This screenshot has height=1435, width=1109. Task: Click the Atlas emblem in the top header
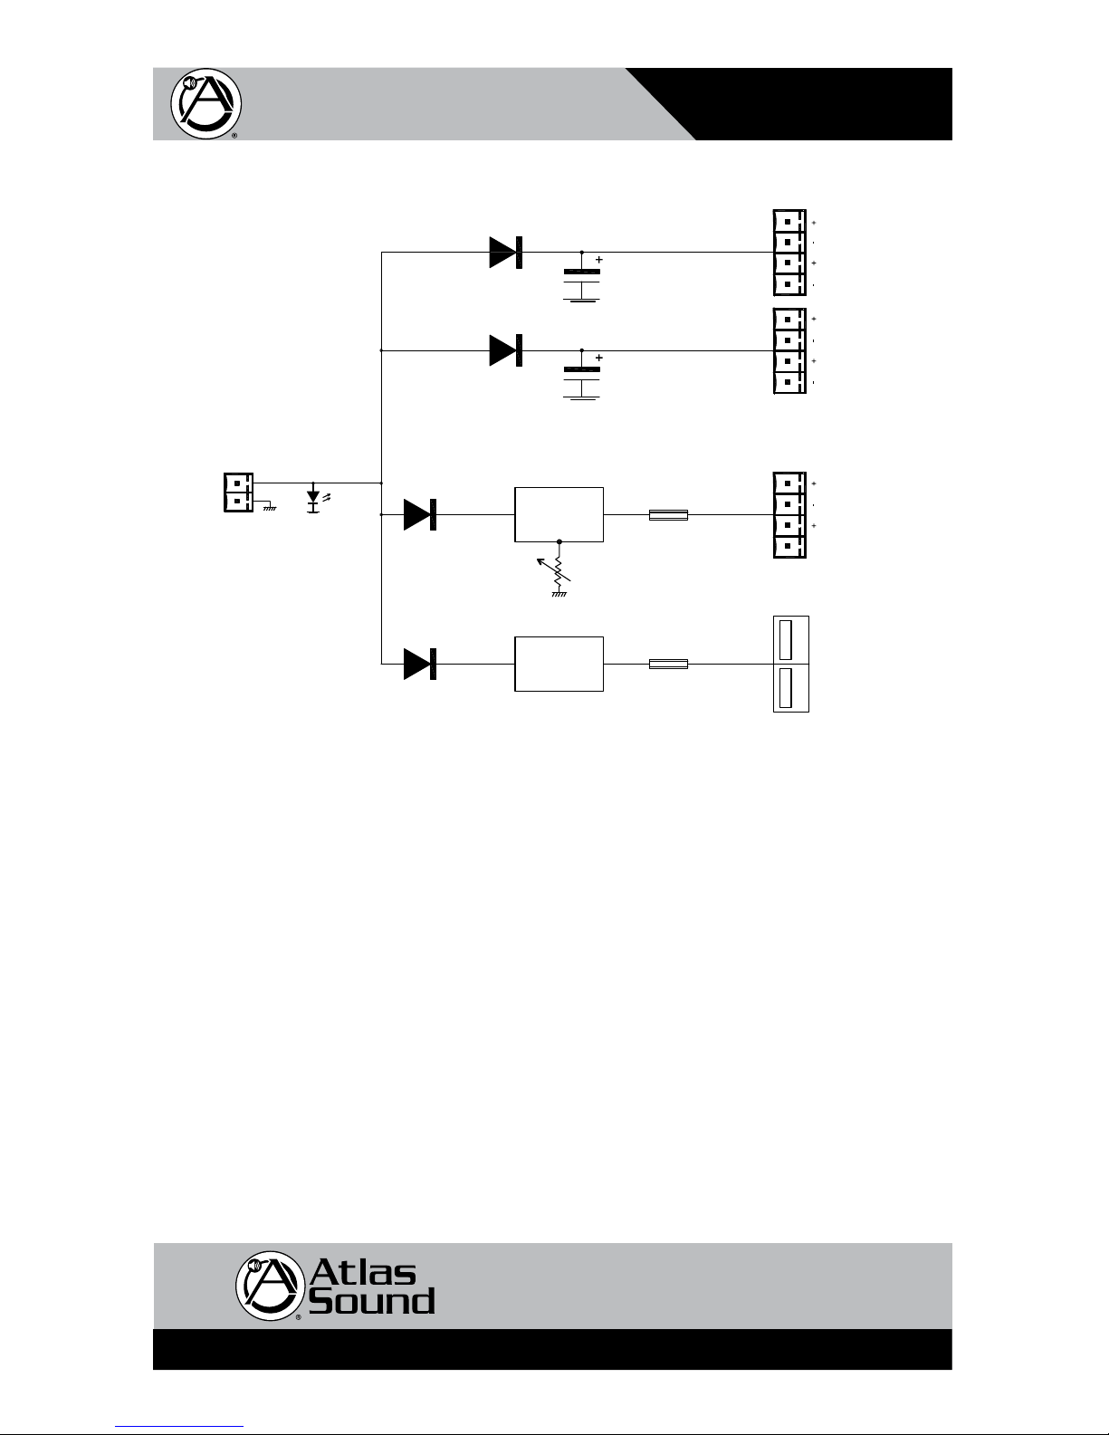tap(206, 104)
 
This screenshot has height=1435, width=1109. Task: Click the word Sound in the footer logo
tap(372, 1301)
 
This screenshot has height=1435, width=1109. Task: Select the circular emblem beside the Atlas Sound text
tap(270, 1285)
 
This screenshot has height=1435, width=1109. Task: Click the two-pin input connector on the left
tap(238, 492)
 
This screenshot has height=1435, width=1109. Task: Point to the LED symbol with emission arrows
tap(316, 500)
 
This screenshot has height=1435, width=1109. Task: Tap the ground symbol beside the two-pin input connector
tap(270, 506)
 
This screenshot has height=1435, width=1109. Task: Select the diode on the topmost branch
tap(506, 253)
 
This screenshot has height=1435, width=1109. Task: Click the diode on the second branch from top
tap(506, 350)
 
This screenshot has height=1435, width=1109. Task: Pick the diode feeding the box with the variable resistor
tap(420, 514)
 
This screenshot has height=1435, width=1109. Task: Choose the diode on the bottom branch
tap(420, 664)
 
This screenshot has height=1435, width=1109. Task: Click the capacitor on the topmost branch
tap(581, 277)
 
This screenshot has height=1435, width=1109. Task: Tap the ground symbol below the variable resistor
tap(559, 594)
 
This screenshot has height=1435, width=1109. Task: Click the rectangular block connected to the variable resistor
tap(559, 514)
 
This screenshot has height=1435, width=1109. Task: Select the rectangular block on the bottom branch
tap(559, 664)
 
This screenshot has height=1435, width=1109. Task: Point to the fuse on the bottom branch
tap(668, 664)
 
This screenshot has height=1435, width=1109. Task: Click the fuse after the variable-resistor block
tap(668, 514)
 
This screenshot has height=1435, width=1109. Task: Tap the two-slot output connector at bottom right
tap(791, 664)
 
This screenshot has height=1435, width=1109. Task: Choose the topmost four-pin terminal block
tap(789, 253)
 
